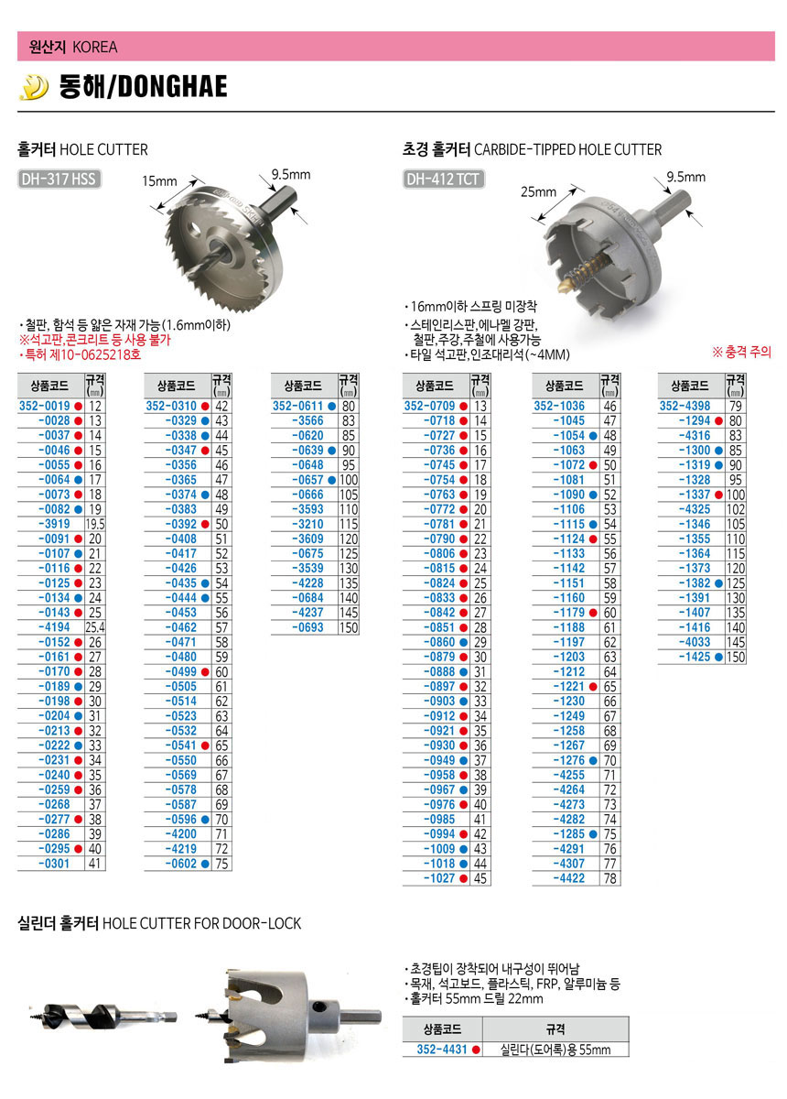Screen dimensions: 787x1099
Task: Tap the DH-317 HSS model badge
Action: (x=59, y=180)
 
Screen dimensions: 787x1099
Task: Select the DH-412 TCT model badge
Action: (x=443, y=180)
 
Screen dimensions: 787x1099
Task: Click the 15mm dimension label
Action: (x=159, y=181)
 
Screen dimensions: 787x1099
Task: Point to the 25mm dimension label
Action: (x=538, y=191)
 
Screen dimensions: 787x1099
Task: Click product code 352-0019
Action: (x=44, y=407)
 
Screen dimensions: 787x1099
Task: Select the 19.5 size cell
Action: (x=95, y=524)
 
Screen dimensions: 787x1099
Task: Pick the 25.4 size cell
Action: (x=95, y=627)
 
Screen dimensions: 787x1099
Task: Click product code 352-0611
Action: (x=297, y=407)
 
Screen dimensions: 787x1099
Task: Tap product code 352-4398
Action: (x=685, y=407)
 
